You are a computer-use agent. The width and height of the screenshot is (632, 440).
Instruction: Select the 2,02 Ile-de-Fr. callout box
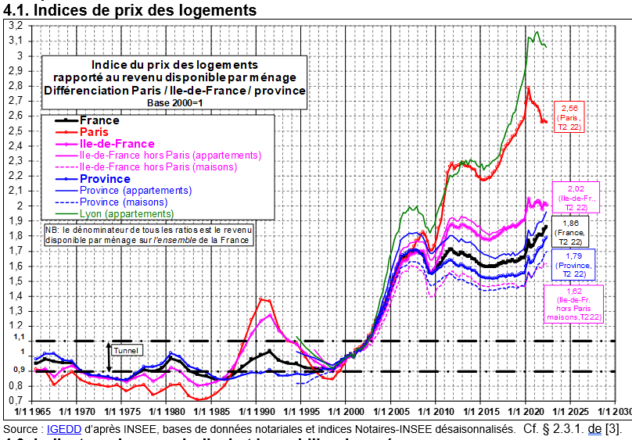pos(576,196)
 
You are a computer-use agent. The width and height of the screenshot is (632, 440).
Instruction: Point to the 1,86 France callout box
pos(570,232)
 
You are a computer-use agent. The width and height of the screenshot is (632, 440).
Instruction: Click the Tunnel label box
pos(125,351)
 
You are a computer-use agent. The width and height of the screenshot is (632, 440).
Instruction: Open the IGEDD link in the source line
pos(59,429)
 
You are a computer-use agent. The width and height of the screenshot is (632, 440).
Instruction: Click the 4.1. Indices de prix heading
pos(130,10)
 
